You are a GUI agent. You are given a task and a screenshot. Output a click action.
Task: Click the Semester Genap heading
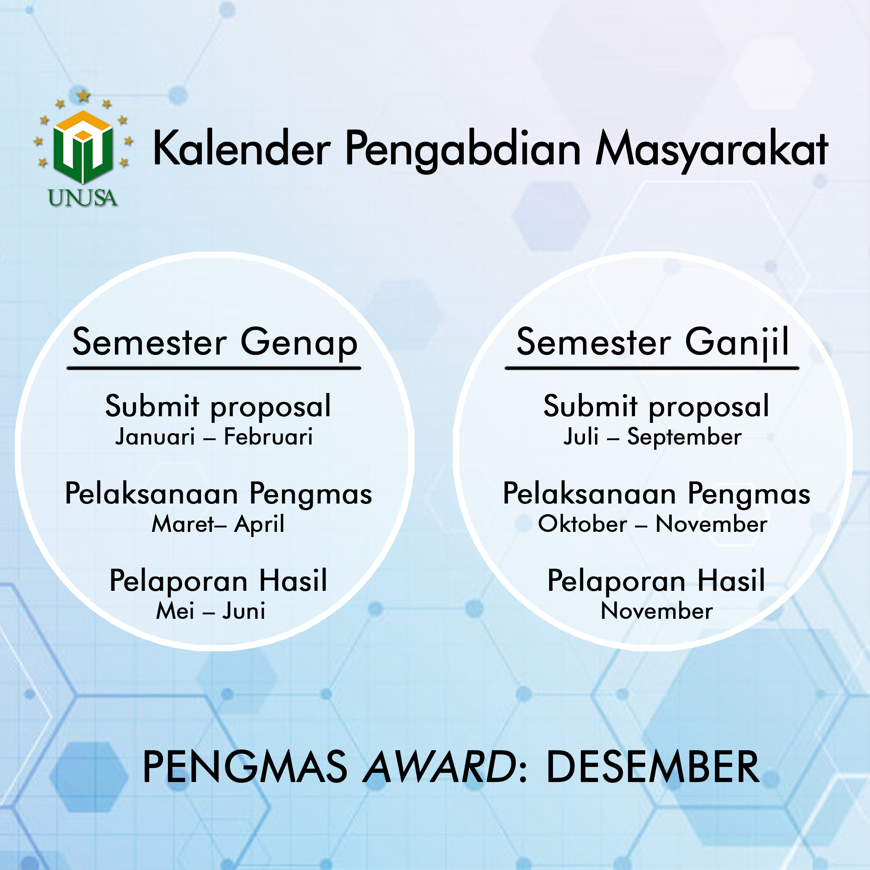click(215, 343)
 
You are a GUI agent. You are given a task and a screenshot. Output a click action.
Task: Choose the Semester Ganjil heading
click(653, 343)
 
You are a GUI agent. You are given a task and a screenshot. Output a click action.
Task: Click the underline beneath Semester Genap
click(214, 368)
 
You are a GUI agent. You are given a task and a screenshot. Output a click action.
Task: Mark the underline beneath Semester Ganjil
click(652, 368)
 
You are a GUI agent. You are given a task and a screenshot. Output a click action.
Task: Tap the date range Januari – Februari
click(214, 436)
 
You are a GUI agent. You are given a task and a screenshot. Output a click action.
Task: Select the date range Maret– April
click(218, 524)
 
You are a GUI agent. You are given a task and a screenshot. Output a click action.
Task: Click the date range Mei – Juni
click(211, 611)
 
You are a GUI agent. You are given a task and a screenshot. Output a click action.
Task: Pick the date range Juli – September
click(653, 437)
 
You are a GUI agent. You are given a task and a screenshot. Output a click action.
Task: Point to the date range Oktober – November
click(653, 524)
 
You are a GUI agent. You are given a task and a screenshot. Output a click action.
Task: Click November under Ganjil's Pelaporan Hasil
click(657, 611)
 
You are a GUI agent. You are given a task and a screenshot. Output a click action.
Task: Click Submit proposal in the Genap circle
click(218, 407)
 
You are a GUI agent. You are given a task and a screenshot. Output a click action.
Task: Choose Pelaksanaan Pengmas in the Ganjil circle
click(657, 494)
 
